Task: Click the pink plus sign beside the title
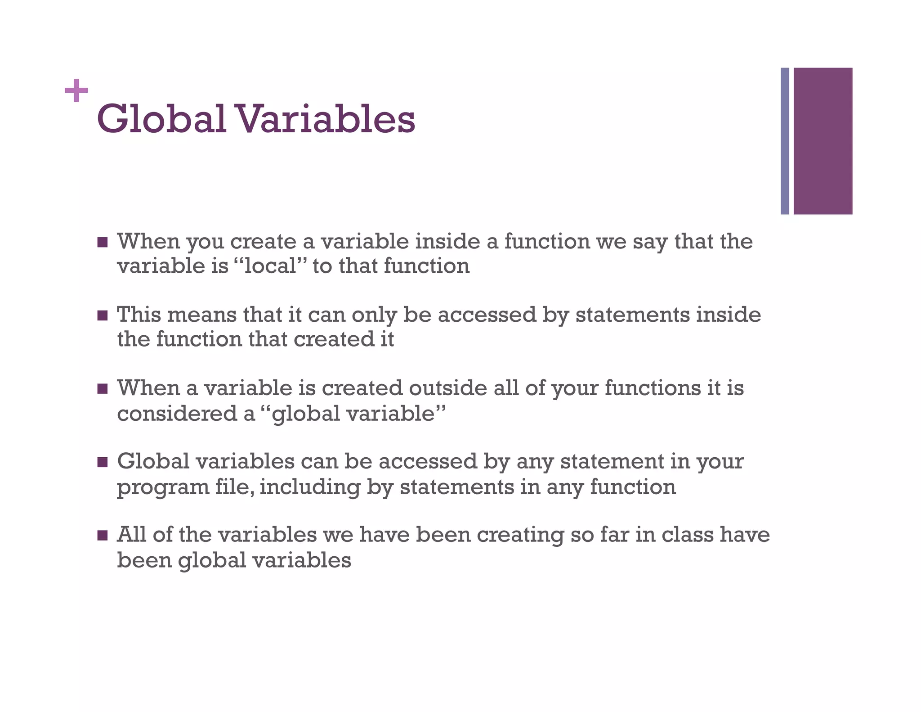(76, 90)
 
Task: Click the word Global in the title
(161, 119)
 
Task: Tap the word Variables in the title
(325, 119)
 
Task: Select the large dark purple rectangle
(823, 141)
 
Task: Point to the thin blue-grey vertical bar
(785, 141)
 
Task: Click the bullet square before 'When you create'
(103, 242)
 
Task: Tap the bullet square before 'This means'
(103, 315)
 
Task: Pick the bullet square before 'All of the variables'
(103, 535)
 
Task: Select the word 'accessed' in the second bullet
(487, 315)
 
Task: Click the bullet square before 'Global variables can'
(103, 462)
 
